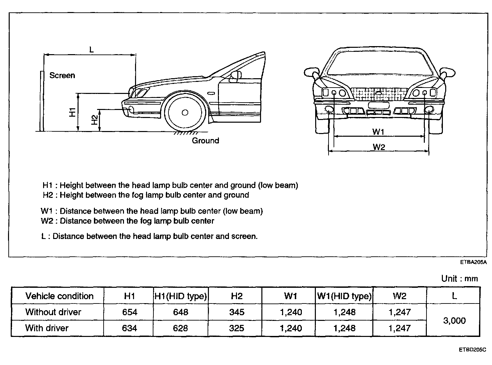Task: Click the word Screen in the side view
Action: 62,76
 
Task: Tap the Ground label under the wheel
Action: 205,141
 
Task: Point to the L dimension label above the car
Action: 91,50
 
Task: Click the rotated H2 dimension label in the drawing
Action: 95,120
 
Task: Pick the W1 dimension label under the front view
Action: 378,132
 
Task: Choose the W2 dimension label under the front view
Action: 379,147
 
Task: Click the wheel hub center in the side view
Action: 185,113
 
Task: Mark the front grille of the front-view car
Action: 379,94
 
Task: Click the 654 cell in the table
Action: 129,312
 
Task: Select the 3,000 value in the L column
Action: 454,321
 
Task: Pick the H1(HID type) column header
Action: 180,296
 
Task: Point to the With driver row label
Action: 47,328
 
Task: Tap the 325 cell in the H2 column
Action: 236,328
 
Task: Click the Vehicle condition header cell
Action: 59,296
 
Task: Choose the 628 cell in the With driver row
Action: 180,328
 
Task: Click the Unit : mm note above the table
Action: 459,278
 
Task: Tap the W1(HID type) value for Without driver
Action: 344,312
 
